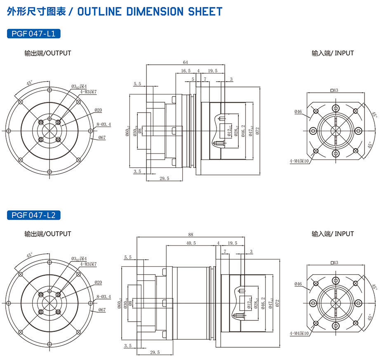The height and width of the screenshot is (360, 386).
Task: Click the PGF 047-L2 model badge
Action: click(x=34, y=215)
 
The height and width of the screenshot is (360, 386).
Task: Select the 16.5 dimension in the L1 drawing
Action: click(x=186, y=71)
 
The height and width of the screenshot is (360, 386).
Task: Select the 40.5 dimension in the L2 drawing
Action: click(x=191, y=243)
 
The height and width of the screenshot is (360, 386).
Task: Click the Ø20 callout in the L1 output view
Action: click(x=98, y=110)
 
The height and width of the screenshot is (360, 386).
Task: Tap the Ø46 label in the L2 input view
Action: click(x=298, y=284)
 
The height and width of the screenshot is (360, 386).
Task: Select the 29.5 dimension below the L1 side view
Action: click(x=164, y=178)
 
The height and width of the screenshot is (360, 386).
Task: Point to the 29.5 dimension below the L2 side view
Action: click(x=155, y=352)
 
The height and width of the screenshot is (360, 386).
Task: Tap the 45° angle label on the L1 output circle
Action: click(x=29, y=83)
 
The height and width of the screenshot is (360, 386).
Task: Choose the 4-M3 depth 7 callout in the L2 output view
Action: click(x=88, y=264)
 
